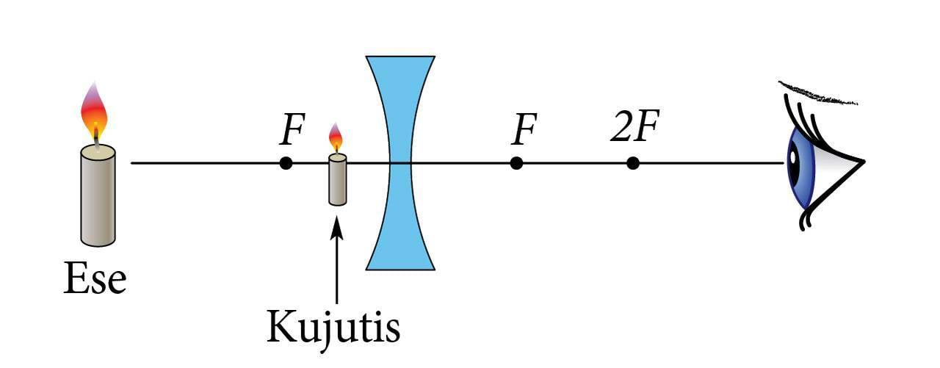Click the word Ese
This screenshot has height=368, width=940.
click(x=95, y=280)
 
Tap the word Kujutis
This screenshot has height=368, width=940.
click(x=333, y=328)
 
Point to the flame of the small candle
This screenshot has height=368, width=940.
click(x=336, y=137)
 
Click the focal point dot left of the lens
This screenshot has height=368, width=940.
click(x=286, y=163)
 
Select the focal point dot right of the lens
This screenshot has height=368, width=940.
click(x=516, y=163)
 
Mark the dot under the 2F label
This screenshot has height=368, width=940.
click(x=632, y=163)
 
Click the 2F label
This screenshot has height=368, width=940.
click(x=632, y=130)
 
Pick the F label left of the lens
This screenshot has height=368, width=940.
click(x=292, y=131)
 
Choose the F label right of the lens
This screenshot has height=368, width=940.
click(x=523, y=131)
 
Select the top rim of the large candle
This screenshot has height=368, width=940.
click(x=98, y=151)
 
